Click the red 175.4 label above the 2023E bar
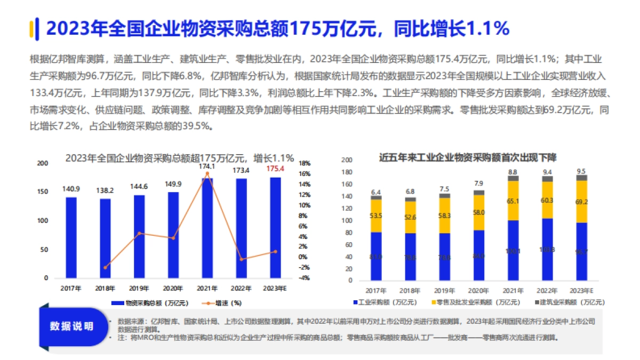[x=275, y=169]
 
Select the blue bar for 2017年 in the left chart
[x=71, y=237]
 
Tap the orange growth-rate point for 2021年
[x=207, y=173]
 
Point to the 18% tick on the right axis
[x=304, y=163]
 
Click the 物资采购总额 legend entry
[x=151, y=303]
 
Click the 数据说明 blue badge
[x=71, y=326]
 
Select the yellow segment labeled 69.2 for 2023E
[x=581, y=202]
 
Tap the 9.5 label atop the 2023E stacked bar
[x=581, y=171]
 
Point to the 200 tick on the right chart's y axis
[x=347, y=159]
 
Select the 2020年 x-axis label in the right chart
[x=478, y=291]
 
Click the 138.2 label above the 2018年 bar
[x=105, y=189]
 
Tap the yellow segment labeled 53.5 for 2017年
[x=376, y=215]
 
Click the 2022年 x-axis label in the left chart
[x=241, y=288]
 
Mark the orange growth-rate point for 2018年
[x=105, y=267]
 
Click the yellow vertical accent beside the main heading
[x=33, y=28]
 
